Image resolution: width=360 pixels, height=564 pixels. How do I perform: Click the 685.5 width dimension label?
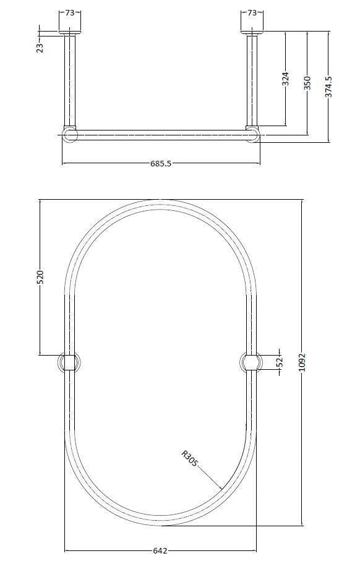click(x=160, y=164)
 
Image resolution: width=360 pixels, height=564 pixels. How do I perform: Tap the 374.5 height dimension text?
click(x=329, y=86)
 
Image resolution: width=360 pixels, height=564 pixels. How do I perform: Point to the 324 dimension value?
click(x=285, y=79)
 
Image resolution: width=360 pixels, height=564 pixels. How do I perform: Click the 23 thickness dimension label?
click(x=40, y=47)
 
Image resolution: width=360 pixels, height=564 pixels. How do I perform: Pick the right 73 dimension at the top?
click(x=252, y=12)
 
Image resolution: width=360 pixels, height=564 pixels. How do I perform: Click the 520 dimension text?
click(x=40, y=277)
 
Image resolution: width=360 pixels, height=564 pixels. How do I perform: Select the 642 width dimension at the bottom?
click(x=160, y=550)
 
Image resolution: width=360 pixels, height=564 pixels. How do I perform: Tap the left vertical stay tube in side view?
click(x=69, y=80)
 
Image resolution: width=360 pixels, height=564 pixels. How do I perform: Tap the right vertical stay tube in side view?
click(x=252, y=80)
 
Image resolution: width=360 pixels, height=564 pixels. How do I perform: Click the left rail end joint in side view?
click(x=69, y=135)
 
